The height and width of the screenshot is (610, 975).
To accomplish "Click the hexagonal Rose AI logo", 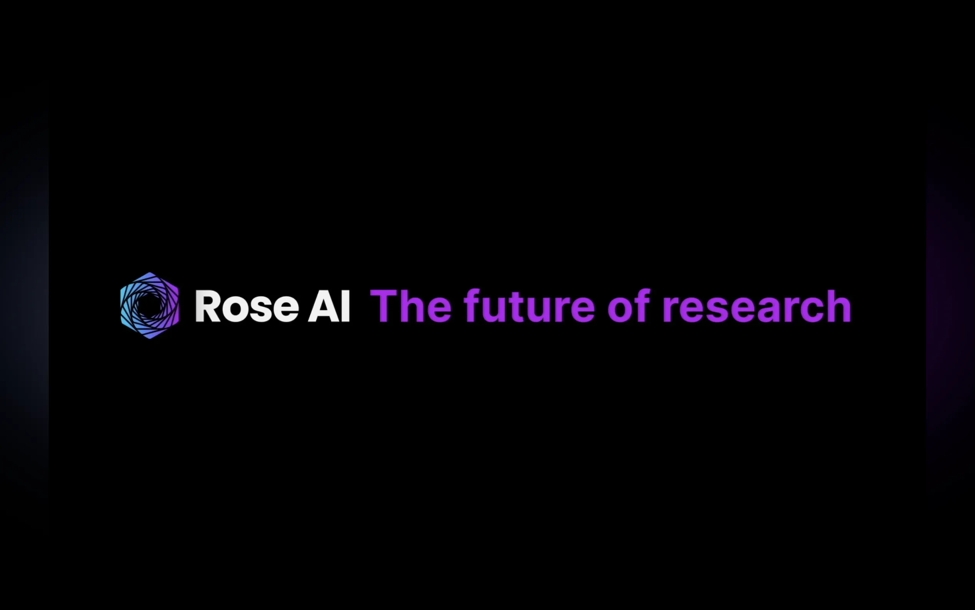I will pos(150,305).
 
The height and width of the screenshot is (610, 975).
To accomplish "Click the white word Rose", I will pos(247,306).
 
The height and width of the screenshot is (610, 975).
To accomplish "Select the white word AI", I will pos(329,306).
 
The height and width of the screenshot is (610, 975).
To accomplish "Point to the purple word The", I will pos(411,306).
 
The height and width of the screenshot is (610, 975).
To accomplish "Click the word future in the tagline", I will pos(529,307).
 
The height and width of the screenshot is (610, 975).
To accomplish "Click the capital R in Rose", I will pos(208,306).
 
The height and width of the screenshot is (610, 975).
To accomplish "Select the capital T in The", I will pos(385,306).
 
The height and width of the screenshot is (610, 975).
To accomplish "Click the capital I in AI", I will pos(345,306).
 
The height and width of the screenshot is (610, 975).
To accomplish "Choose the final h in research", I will pos(839,306).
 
